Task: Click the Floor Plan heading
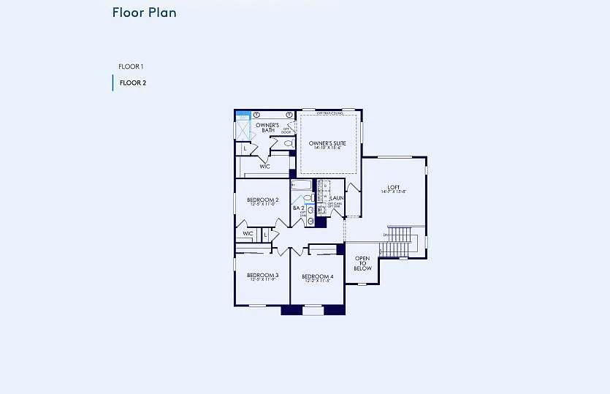pos(144,12)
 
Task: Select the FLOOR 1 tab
pos(131,67)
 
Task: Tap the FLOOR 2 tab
pos(132,83)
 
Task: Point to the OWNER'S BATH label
pos(267,127)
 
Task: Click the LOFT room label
pos(393,186)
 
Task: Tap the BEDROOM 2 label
pos(262,200)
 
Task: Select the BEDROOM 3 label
pos(262,275)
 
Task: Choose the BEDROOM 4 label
pos(317,276)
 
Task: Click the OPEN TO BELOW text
pos(362,263)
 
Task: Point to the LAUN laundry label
pos(337,198)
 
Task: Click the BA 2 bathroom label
pos(298,208)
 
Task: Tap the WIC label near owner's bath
pos(264,167)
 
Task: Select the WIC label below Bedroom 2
pos(248,234)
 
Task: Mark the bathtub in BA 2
pos(302,186)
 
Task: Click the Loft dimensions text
pos(393,192)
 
